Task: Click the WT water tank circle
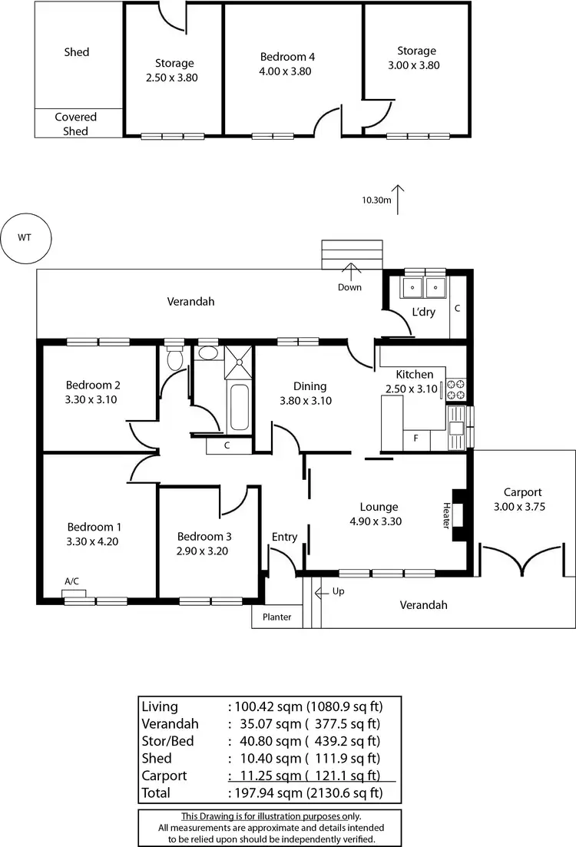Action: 25,237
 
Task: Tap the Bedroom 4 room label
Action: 287,57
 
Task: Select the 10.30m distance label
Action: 377,200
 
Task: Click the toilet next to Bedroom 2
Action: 175,359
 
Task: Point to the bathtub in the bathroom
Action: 239,407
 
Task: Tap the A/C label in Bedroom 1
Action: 71,582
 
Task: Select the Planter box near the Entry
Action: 276,617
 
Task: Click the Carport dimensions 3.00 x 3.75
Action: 522,506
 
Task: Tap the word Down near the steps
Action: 349,287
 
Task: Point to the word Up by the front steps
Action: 339,592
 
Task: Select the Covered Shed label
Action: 75,124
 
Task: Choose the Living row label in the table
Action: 160,706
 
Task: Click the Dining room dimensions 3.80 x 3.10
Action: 306,400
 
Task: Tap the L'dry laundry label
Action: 423,312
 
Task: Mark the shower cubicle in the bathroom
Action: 239,361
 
